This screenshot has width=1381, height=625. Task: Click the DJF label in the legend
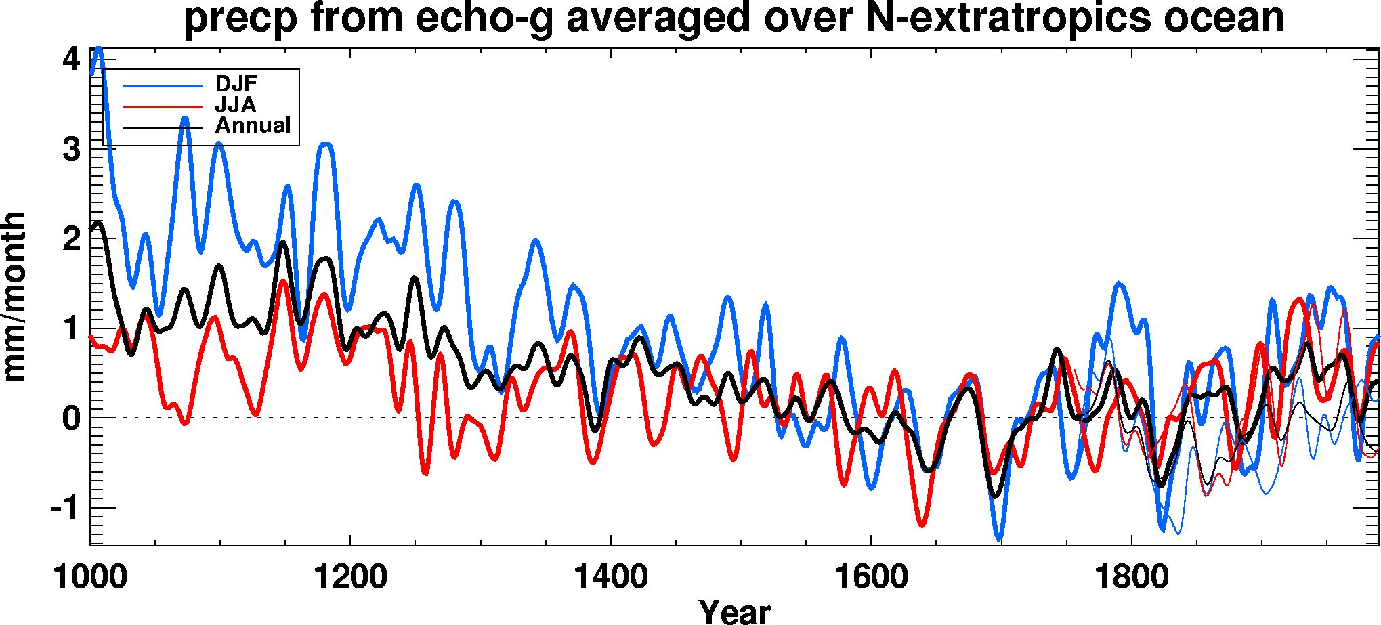236,84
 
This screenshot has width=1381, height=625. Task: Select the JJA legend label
235,105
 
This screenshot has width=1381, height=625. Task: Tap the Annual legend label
253,125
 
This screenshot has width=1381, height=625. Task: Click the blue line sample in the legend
163,87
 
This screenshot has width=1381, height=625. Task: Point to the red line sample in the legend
163,107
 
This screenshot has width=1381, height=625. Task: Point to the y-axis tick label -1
65,507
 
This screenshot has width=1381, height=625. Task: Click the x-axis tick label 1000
90,578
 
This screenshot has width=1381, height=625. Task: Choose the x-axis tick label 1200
350,578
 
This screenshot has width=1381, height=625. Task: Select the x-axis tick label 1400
610,578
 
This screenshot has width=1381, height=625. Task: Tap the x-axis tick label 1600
870,578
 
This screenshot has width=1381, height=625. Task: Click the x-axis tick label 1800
1131,578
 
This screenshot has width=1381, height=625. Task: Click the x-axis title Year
734,611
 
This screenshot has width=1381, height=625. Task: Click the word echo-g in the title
484,18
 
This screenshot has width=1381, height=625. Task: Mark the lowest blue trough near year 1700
999,539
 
